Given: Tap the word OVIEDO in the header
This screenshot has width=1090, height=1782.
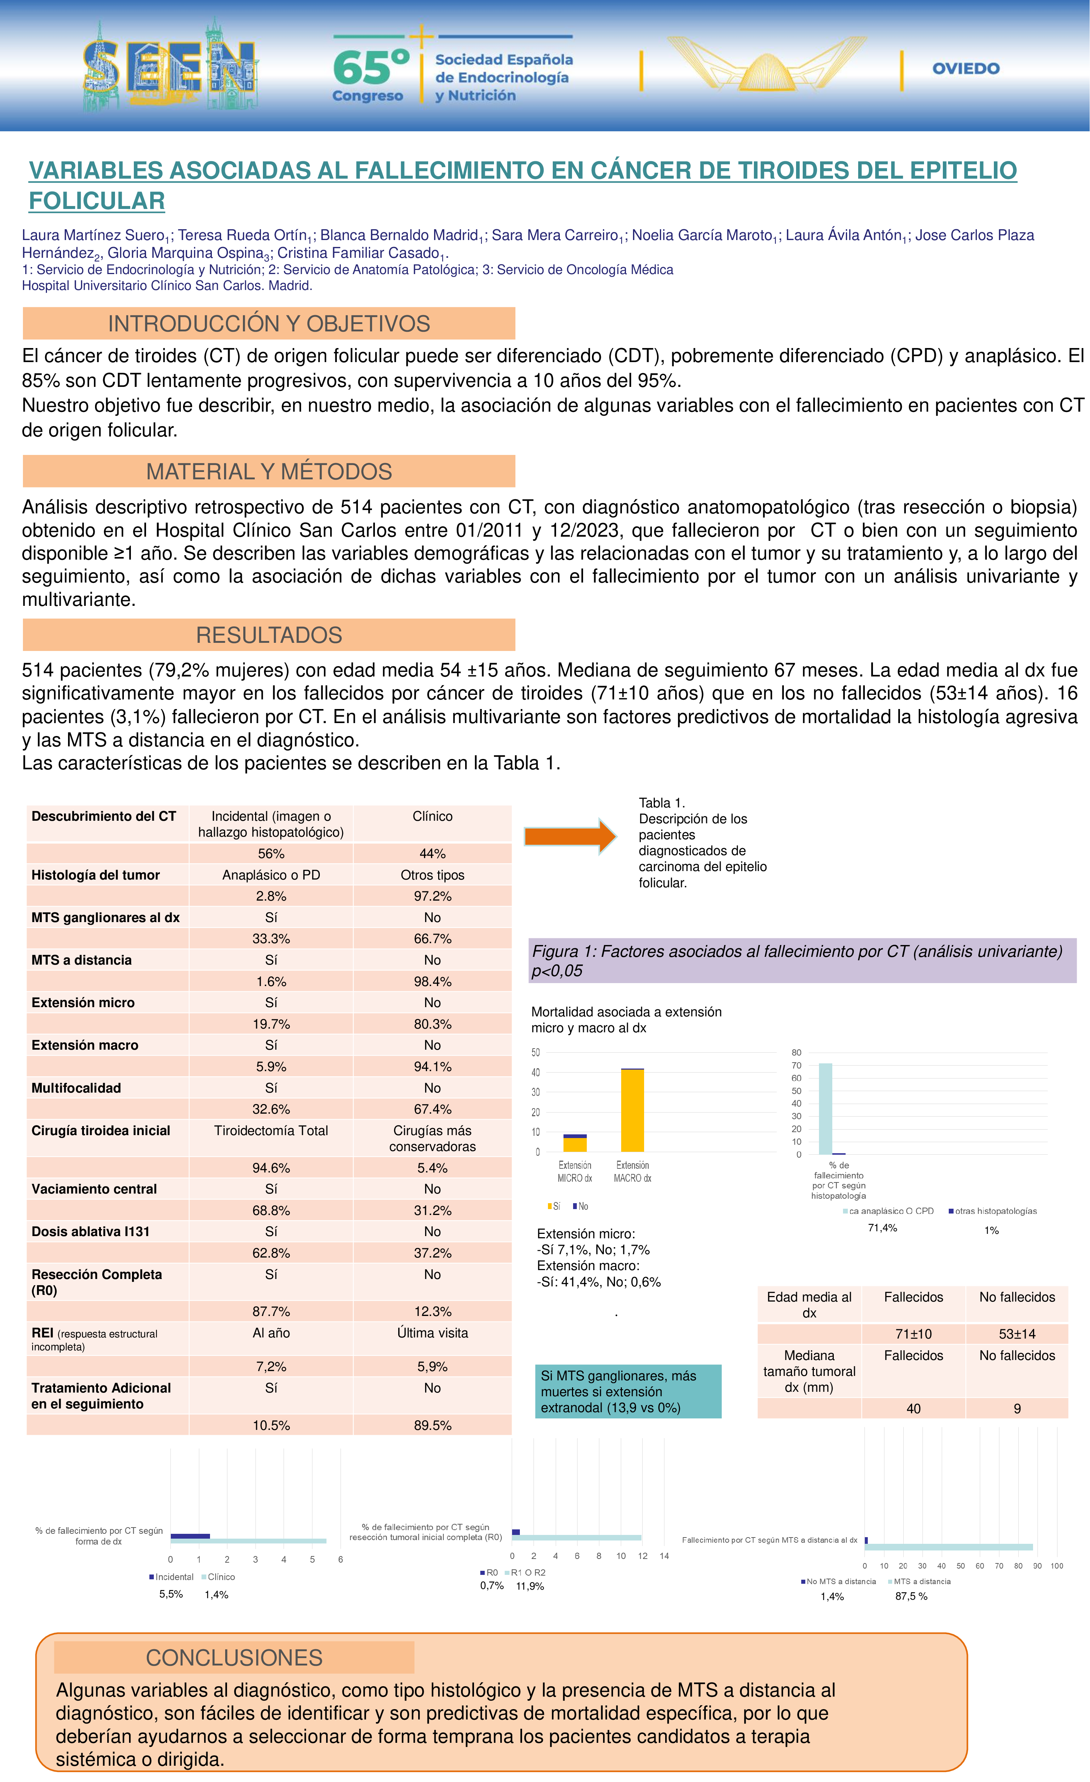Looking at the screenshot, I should pyautogui.click(x=966, y=69).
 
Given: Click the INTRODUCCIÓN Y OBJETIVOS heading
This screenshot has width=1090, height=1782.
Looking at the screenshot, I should pyautogui.click(x=269, y=323).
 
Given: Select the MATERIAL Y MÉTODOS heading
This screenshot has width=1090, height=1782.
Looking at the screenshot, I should pyautogui.click(x=269, y=472).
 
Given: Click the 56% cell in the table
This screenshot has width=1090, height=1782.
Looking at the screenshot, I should pyautogui.click(x=271, y=853).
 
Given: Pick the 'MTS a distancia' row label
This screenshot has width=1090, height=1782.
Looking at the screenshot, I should pyautogui.click(x=82, y=960).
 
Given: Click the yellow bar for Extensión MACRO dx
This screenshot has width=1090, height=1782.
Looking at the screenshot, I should pyautogui.click(x=633, y=1111).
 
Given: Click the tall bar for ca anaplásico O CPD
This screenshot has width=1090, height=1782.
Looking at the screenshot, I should pyautogui.click(x=826, y=1109).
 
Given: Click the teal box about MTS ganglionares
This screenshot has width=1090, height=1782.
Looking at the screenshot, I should pyautogui.click(x=628, y=1391).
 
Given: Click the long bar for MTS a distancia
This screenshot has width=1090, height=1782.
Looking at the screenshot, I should pyautogui.click(x=948, y=1547).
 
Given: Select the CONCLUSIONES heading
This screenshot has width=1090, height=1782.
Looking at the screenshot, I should pyautogui.click(x=234, y=1658).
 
